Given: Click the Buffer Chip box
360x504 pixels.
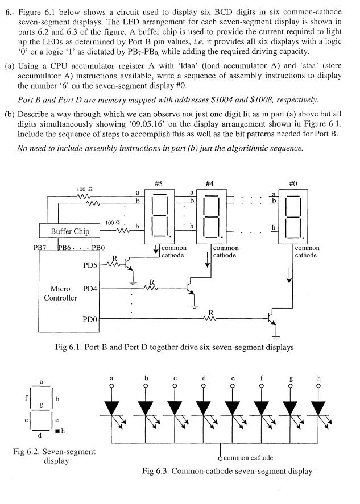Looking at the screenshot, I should pyautogui.click(x=70, y=231).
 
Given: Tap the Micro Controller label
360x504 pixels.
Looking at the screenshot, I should pyautogui.click(x=60, y=293).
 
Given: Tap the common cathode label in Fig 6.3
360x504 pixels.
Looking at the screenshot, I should pyautogui.click(x=248, y=457).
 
